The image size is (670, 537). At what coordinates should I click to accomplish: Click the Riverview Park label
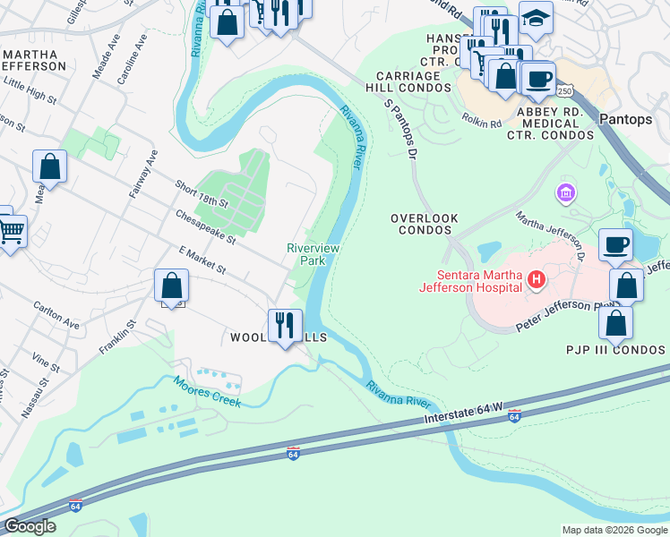coord(305,254)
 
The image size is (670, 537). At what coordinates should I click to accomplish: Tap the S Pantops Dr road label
coord(400,129)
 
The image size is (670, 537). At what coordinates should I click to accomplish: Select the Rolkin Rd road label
coord(481,119)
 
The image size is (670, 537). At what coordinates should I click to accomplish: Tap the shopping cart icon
coord(10,231)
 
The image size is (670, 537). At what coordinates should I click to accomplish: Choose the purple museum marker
coord(565,192)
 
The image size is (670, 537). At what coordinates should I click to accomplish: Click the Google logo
coord(30,526)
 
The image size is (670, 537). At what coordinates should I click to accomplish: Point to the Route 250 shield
coord(563,91)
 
